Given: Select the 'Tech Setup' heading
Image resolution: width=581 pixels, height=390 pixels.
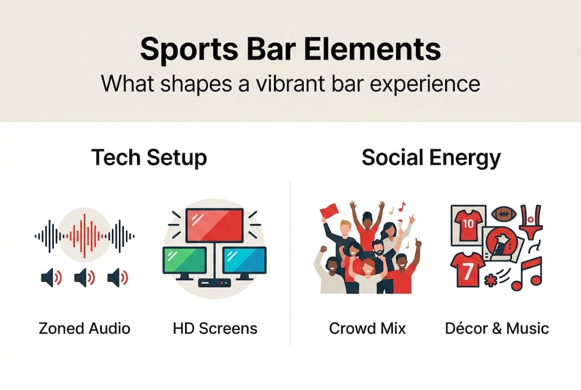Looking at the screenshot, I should (149, 158).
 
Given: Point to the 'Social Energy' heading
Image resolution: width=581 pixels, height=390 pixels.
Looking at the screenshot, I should (431, 158).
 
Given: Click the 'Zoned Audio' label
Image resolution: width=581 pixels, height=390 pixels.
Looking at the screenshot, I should (84, 328).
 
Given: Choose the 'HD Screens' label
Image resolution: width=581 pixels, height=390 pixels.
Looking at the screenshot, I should (215, 328).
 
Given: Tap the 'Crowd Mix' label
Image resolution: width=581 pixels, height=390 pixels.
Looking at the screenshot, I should (367, 328).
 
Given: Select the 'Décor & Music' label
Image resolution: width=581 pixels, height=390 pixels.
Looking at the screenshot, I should (497, 328).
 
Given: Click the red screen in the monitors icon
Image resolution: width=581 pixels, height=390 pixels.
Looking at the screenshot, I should (214, 225).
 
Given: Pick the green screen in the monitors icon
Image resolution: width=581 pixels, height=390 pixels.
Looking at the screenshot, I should (185, 260).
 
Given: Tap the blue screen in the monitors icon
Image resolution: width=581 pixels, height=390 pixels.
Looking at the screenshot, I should (244, 260).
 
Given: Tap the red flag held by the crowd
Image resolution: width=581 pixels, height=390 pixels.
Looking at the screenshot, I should (329, 210).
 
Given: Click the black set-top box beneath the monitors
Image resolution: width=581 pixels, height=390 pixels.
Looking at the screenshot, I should (214, 282).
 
